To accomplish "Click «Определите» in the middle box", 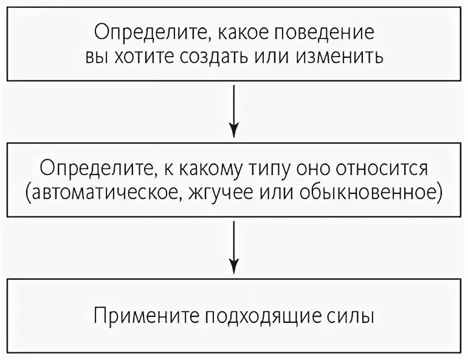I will tap(93, 167).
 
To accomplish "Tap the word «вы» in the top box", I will tap(94, 57).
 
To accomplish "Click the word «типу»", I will tap(259, 167).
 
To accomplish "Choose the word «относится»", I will tap(378, 167).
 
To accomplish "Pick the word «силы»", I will tap(349, 317).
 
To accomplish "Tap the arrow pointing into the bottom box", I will tap(234, 246).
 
